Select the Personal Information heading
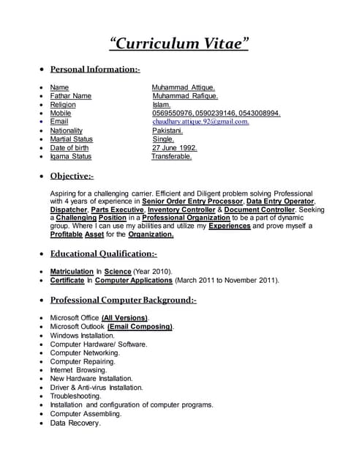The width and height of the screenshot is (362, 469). pyautogui.click(x=94, y=70)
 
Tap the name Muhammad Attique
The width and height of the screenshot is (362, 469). pyautogui.click(x=183, y=87)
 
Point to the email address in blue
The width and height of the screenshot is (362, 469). pyautogui.click(x=200, y=122)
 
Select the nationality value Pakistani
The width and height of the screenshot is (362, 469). pyautogui.click(x=167, y=130)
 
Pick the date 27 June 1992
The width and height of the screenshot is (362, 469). pyautogui.click(x=174, y=148)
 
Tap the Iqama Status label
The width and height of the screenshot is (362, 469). pyautogui.click(x=70, y=156)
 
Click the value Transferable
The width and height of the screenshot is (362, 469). pyautogui.click(x=172, y=156)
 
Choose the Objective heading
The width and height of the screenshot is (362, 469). pyautogui.click(x=71, y=176)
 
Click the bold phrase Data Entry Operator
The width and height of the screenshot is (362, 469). pyautogui.click(x=280, y=200)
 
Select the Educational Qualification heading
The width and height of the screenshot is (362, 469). pyautogui.click(x=103, y=254)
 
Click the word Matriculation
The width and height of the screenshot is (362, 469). pyautogui.click(x=71, y=271)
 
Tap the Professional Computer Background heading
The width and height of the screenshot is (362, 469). pyautogui.click(x=123, y=300)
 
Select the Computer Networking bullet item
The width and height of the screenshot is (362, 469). pyautogui.click(x=85, y=352)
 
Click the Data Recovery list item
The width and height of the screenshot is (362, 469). pyautogui.click(x=75, y=423)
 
